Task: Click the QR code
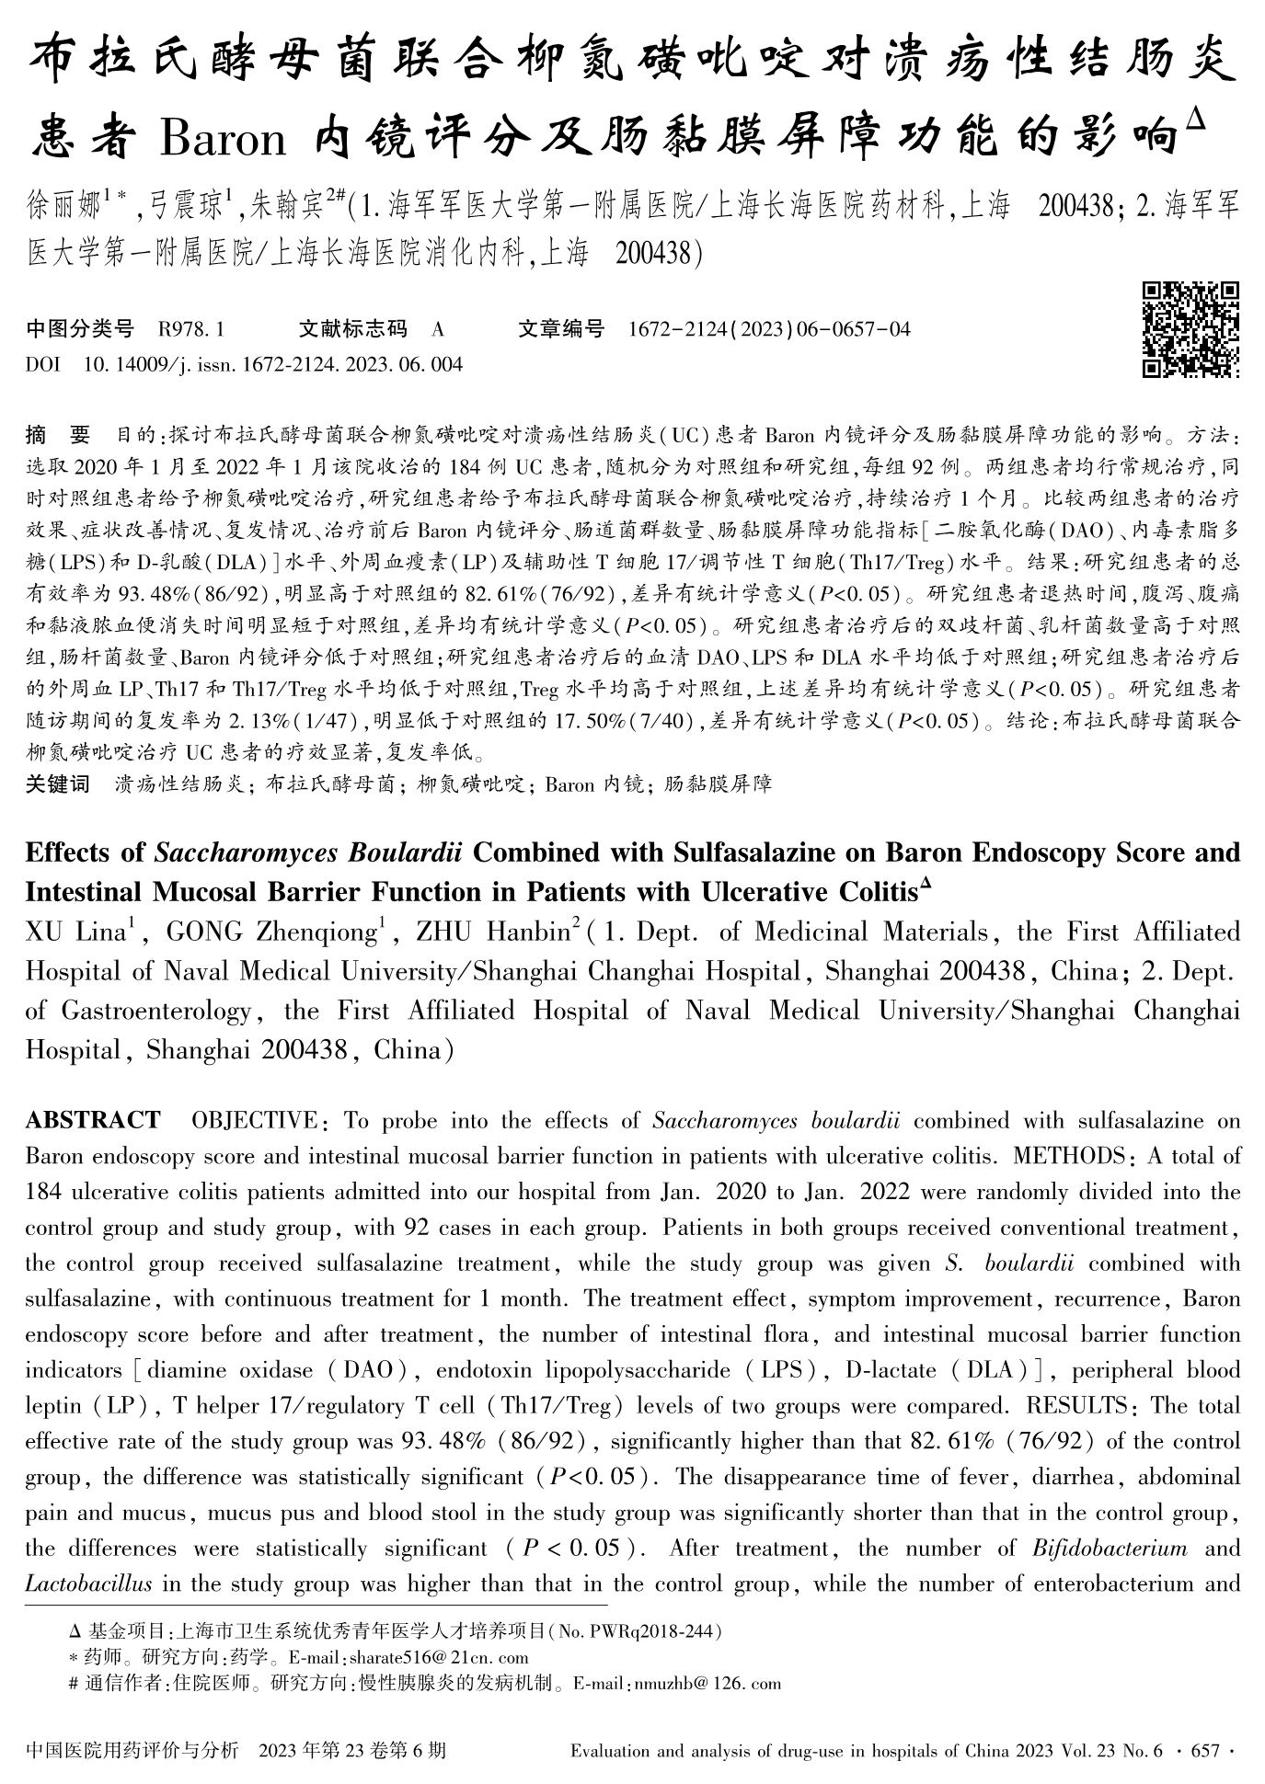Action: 1190,329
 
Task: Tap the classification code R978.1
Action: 191,329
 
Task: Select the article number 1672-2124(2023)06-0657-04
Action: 769,329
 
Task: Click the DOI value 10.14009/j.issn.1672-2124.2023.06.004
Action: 273,365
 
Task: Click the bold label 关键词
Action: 57,783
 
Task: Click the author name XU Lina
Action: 76,932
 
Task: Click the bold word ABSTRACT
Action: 92,1120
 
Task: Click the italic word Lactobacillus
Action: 88,1584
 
